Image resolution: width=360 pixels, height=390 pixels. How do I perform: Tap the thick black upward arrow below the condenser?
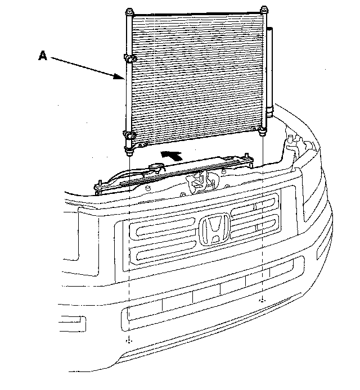[172, 155]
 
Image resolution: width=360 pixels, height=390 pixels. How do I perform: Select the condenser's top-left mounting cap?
[129, 12]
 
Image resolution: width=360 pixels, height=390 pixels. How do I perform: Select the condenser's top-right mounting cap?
[264, 10]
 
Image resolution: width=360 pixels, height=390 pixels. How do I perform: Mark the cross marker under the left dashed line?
[130, 341]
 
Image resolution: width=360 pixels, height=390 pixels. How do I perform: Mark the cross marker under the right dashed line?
[263, 301]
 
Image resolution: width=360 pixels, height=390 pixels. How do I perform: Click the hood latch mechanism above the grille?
[197, 181]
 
